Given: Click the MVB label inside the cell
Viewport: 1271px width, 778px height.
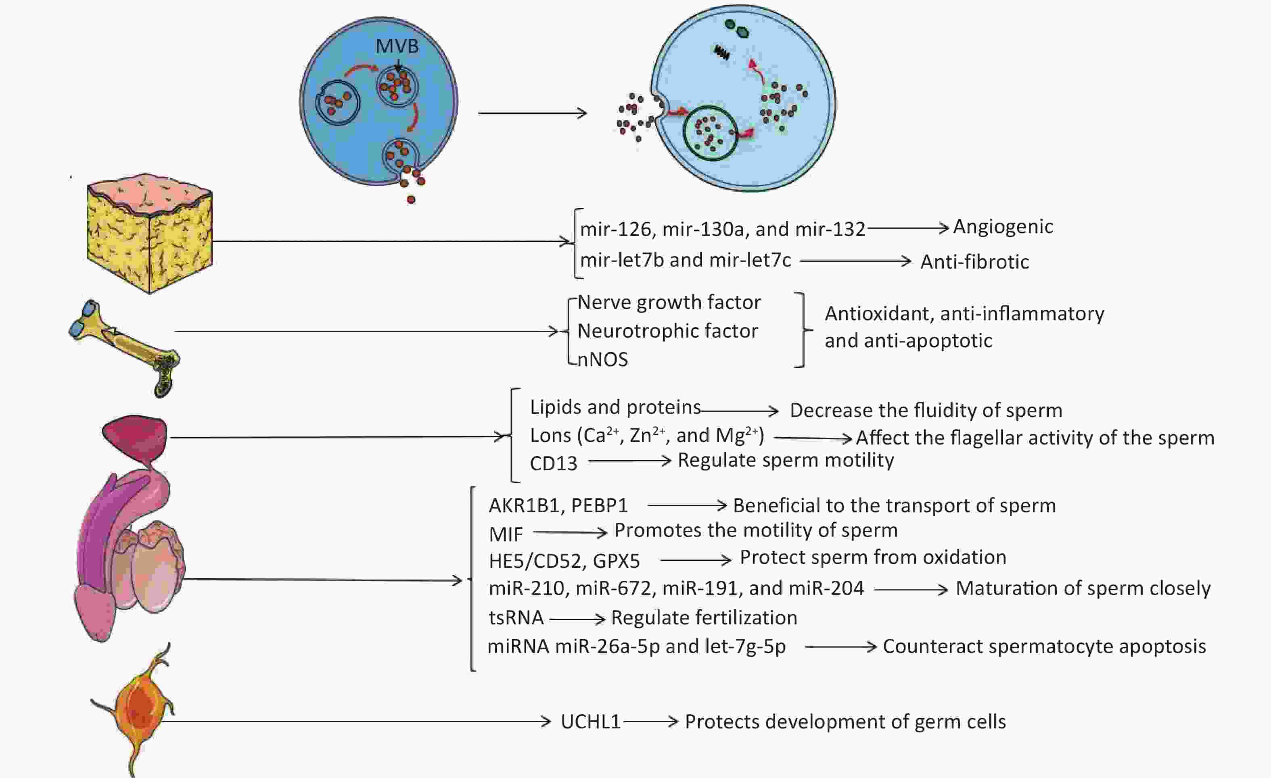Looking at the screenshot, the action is (397, 46).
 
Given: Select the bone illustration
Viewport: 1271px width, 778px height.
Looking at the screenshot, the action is (124, 348).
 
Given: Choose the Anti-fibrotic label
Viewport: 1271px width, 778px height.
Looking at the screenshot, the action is (975, 262).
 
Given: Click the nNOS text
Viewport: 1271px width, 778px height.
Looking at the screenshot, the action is (602, 359).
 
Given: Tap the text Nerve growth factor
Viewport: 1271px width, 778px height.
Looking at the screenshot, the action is (669, 302).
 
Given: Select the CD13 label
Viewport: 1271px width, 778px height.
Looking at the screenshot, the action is (554, 463).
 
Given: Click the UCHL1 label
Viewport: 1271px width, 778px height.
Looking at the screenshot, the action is (591, 722).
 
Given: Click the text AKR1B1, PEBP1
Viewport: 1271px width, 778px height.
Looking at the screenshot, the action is (558, 506).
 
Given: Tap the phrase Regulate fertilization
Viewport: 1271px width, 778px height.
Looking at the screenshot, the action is (704, 617).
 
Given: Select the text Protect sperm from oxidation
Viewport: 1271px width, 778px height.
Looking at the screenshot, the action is (873, 557).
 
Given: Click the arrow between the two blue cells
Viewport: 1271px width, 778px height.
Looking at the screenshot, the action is (532, 113).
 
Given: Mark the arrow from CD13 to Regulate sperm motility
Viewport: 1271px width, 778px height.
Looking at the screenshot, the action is (630, 461).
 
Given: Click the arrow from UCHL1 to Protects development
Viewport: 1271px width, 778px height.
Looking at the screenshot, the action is (650, 721).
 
